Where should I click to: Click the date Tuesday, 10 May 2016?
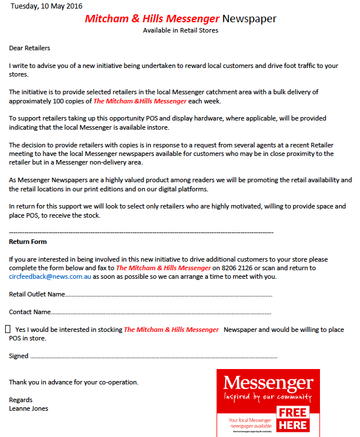[x=46, y=6]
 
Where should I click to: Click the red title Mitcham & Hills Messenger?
[x=152, y=18]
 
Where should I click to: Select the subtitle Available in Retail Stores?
[x=181, y=30]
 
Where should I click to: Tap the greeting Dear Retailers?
[x=30, y=48]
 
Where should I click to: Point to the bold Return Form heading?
[x=28, y=242]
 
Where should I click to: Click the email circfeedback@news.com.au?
[x=50, y=276]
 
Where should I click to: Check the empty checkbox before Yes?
[x=8, y=329]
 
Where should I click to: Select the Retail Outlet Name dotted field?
[x=169, y=295]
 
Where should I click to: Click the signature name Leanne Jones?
[x=29, y=408]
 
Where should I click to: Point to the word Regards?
[x=21, y=400]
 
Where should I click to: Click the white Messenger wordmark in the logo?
[x=268, y=382]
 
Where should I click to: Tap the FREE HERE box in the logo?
[x=293, y=419]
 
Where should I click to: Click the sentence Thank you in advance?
[x=74, y=382]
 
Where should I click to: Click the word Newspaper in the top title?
[x=249, y=18]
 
